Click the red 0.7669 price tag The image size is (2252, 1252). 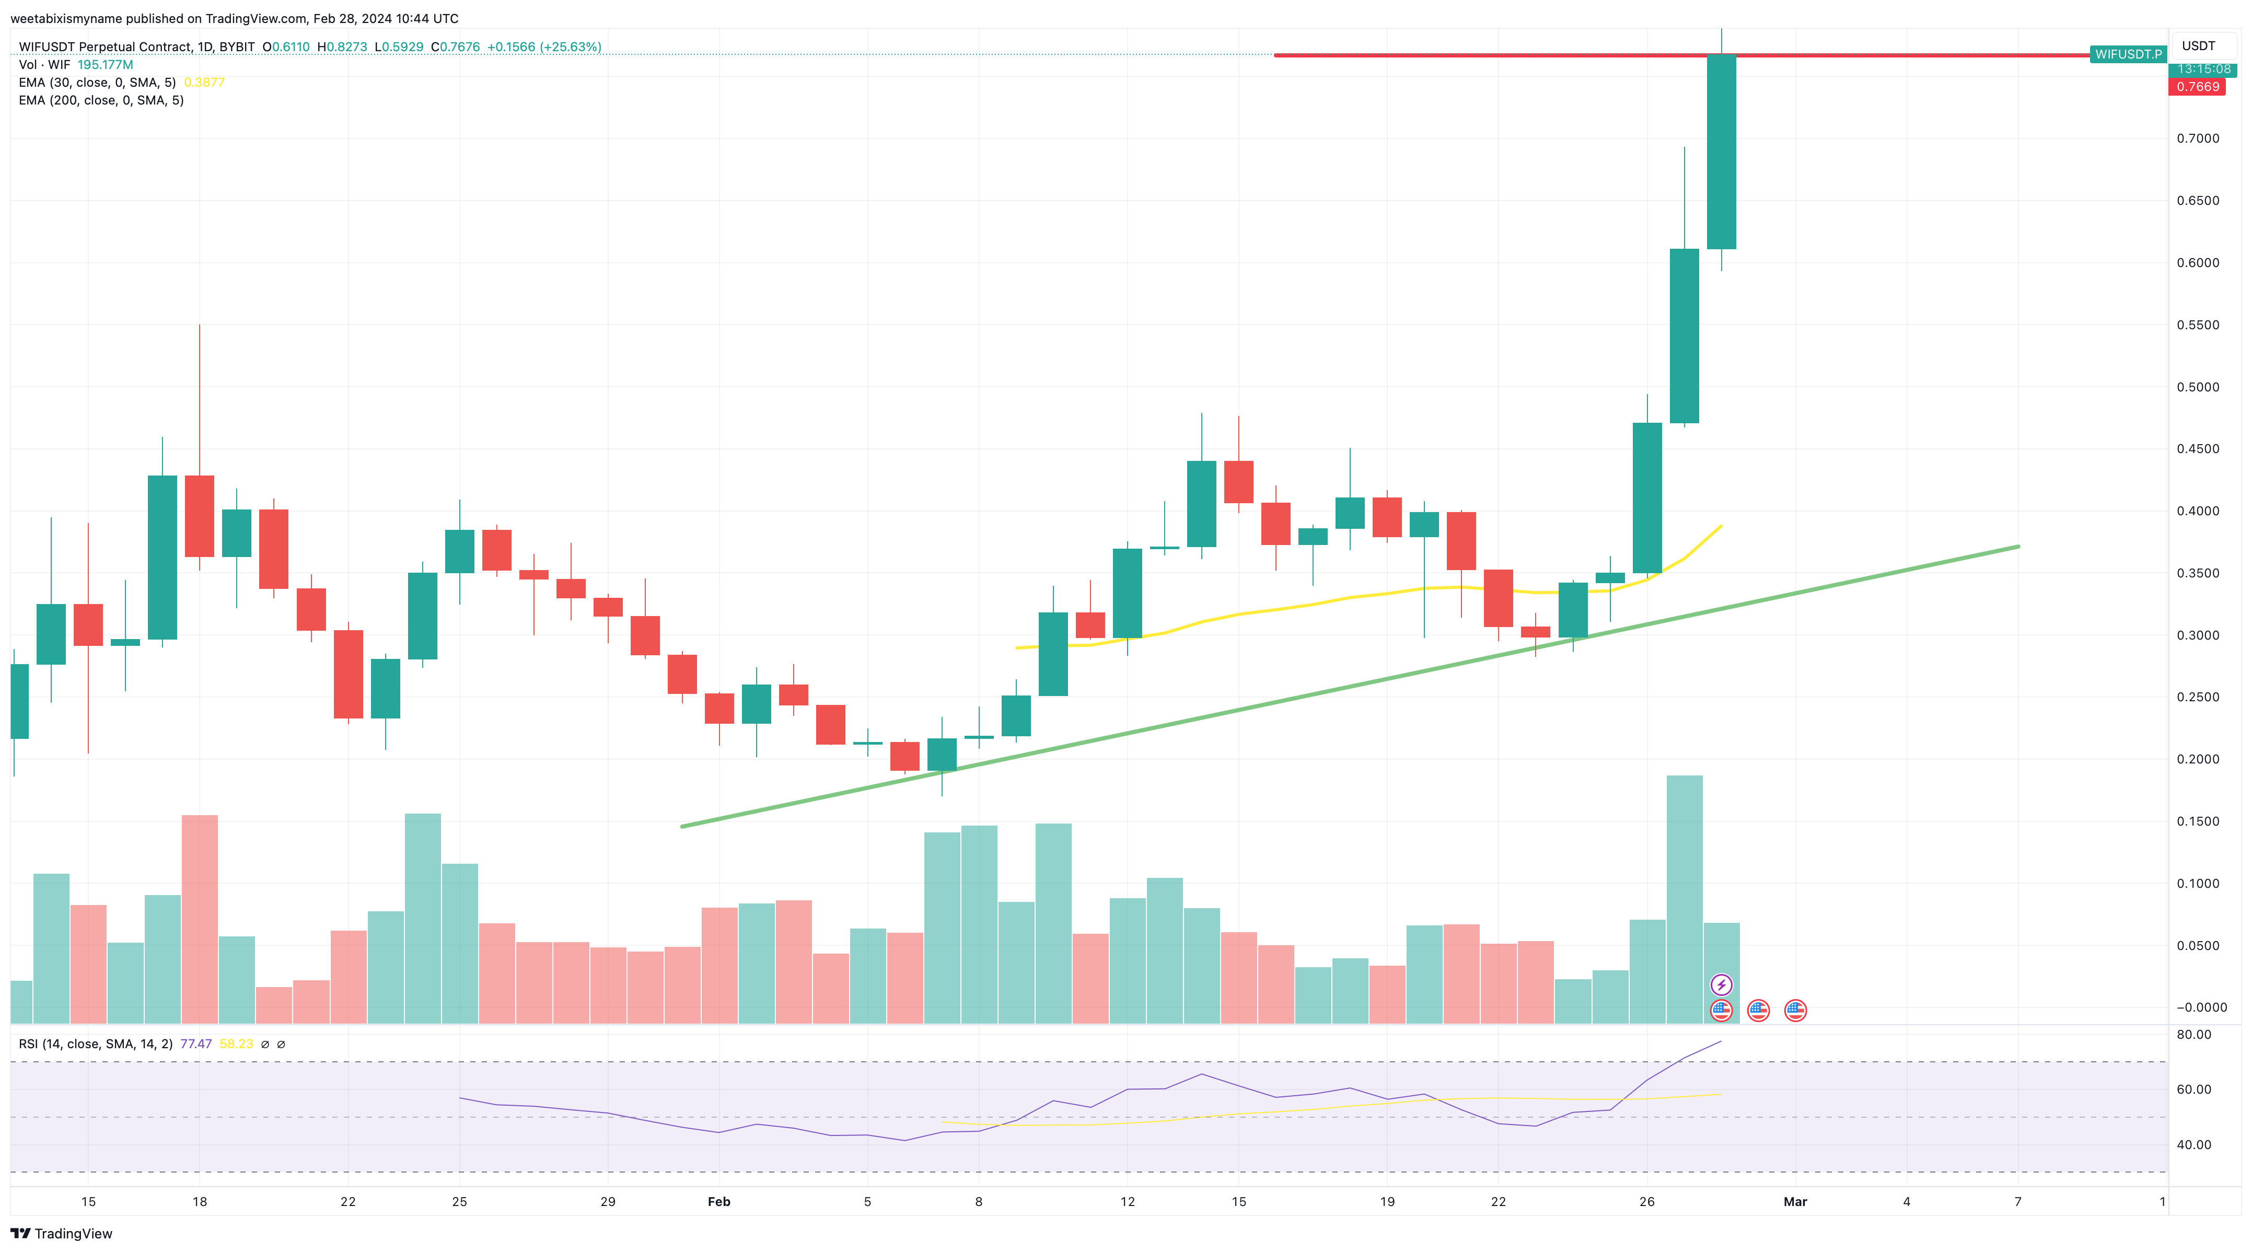[2197, 87]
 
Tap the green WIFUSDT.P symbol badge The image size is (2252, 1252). [2128, 54]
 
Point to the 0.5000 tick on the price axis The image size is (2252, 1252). [2198, 387]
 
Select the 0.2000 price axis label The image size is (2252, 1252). [2198, 759]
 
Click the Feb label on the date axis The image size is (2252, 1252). [718, 1201]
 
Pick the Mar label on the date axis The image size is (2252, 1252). [1795, 1201]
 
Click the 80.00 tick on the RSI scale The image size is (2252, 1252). [2193, 1034]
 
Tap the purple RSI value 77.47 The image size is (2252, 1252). [196, 1044]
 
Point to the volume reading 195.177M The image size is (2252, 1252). [105, 65]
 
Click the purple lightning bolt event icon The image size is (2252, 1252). [1721, 986]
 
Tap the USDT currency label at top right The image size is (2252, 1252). [2198, 45]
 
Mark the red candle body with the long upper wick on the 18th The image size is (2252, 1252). [199, 516]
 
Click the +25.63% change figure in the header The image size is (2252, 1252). [544, 47]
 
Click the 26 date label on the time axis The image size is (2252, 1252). [1646, 1201]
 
